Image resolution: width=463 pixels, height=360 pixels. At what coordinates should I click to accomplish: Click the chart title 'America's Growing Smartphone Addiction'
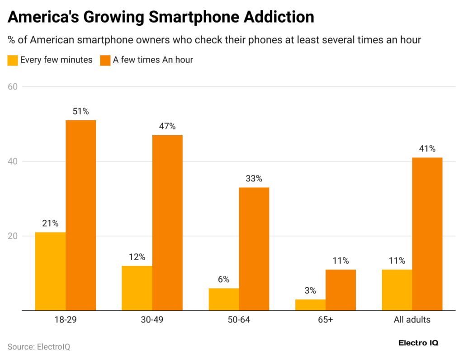(161, 17)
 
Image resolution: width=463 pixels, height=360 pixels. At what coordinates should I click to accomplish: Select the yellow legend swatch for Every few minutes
(13, 60)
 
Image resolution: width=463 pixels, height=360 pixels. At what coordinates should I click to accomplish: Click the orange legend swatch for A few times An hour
(105, 60)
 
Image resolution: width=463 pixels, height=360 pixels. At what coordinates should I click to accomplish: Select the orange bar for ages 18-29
(80, 215)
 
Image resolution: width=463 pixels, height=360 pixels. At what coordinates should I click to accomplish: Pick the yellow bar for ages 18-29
(51, 271)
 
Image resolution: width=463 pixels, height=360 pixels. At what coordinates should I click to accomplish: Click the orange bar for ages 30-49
(167, 223)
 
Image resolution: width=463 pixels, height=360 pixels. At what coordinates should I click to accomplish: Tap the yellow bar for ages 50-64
(224, 299)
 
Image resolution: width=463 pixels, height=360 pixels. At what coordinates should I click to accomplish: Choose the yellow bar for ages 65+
(310, 305)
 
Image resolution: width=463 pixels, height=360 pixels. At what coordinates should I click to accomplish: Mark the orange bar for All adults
(427, 234)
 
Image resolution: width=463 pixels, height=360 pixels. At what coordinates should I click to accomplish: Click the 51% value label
(80, 111)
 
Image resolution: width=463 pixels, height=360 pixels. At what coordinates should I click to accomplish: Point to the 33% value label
(254, 179)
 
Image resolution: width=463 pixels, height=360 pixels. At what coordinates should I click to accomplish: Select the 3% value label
(310, 291)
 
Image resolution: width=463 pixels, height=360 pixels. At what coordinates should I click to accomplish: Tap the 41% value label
(427, 149)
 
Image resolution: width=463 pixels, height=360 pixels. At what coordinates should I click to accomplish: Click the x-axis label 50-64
(239, 320)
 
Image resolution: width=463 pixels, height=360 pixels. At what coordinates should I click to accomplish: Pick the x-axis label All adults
(412, 320)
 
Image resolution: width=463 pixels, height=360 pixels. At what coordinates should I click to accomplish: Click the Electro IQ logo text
(418, 343)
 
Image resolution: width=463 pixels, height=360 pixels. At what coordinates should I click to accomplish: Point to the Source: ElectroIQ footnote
(39, 347)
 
